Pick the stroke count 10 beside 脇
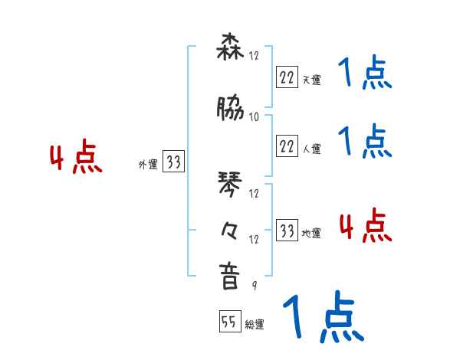(255, 116)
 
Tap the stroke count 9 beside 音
(255, 285)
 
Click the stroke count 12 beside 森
(255, 55)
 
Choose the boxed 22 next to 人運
(287, 146)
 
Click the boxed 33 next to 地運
(287, 231)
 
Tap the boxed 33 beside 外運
(173, 162)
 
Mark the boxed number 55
(229, 322)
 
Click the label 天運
(311, 79)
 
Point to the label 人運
(311, 149)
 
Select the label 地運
(311, 234)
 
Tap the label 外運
(147, 165)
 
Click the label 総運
(255, 326)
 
